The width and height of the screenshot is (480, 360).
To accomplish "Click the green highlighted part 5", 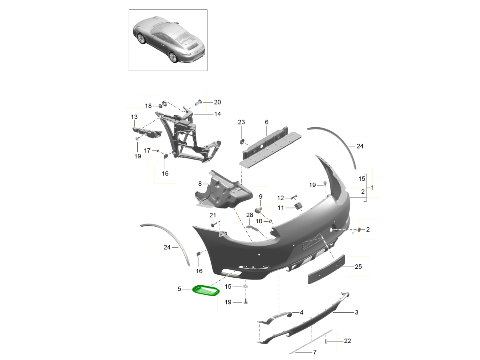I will point(206,291).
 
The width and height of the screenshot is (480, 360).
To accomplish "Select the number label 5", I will point(180,288).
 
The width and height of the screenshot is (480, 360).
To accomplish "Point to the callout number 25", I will point(358,266).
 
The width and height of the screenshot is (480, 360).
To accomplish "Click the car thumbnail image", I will point(168,40).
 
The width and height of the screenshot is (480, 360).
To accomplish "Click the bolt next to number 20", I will point(198,102).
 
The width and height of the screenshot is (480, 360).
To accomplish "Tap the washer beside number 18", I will point(164,106).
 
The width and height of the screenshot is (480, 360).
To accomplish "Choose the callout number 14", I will point(217,114).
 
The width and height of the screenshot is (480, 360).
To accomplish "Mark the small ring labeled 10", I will point(270,221).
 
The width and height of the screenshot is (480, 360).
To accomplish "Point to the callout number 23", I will point(241,122).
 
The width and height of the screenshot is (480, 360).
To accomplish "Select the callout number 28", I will point(250,215).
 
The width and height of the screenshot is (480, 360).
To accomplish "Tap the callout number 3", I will point(356,312).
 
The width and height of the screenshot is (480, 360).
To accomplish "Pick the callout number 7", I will point(314,352).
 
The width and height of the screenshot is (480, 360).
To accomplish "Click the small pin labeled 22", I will point(326,341).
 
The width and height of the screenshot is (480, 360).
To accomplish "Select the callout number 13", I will point(134,117).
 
